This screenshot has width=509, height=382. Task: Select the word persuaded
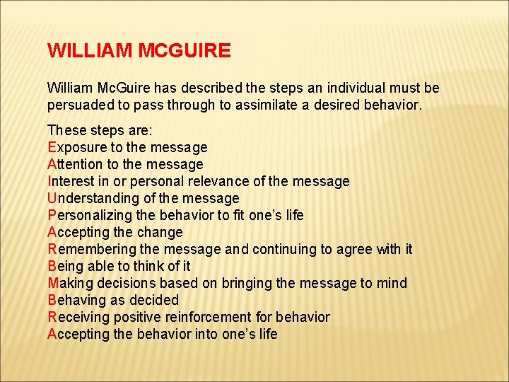[x=81, y=105]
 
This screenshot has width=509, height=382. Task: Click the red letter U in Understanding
[x=52, y=199]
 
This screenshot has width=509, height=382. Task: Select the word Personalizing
[x=88, y=216]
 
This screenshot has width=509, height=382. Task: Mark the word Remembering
[x=90, y=250]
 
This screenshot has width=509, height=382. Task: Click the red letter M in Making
[x=52, y=284]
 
